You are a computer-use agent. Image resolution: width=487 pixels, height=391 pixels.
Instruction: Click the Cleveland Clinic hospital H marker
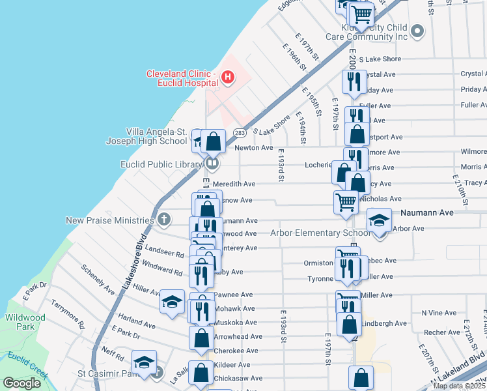click(227, 78)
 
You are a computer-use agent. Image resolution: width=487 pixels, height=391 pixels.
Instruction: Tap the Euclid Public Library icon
click(212, 163)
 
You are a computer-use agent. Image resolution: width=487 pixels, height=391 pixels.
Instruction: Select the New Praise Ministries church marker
click(163, 220)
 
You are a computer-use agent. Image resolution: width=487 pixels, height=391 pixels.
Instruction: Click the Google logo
click(22, 383)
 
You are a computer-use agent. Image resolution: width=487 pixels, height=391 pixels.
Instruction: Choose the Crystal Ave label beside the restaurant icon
click(382, 74)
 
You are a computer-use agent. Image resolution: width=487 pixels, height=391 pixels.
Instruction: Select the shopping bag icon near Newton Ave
click(213, 140)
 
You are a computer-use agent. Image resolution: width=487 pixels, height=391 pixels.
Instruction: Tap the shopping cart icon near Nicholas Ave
click(346, 201)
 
